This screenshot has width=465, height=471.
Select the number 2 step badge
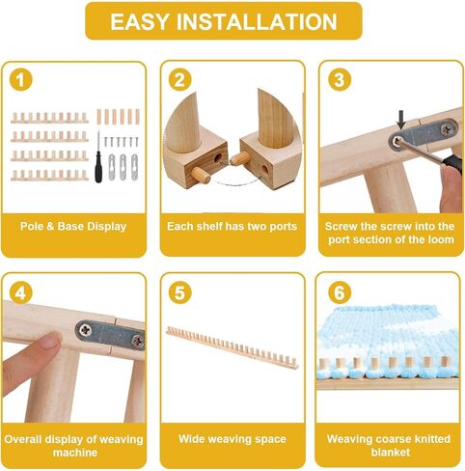tap(179, 79)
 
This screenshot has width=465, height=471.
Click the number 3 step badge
tap(338, 79)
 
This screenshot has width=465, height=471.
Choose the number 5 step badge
tap(179, 291)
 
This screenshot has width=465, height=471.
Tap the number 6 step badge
tap(338, 291)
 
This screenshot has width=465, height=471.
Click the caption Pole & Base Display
tap(73, 227)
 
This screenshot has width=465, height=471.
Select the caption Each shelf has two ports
tap(232, 227)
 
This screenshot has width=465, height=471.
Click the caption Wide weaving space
tap(232, 439)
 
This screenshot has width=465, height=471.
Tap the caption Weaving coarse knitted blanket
tap(390, 445)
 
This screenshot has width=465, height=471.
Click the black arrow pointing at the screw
tap(400, 122)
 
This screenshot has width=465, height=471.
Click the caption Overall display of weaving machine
tap(73, 445)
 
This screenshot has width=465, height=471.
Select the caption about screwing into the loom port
tap(390, 233)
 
